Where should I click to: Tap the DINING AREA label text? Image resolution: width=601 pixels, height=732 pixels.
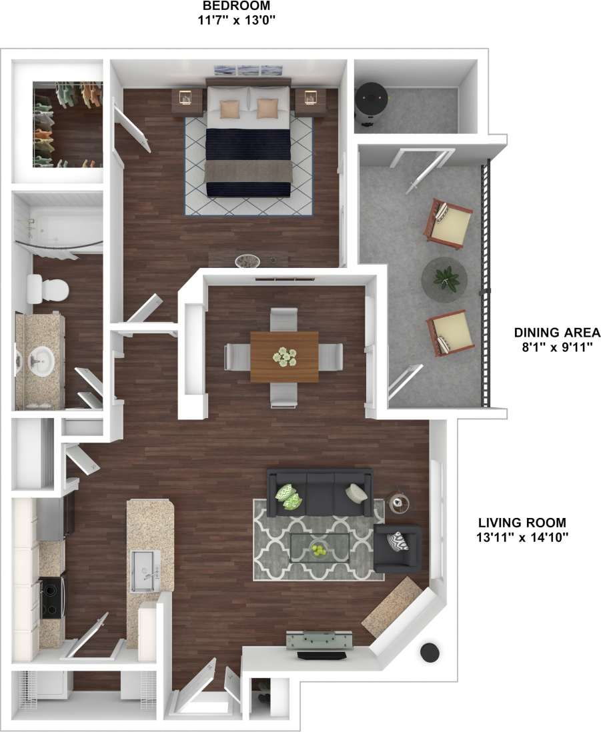[557, 333]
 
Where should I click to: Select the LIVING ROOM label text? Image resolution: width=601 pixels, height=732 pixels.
[522, 523]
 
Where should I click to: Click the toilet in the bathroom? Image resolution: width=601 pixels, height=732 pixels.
[48, 289]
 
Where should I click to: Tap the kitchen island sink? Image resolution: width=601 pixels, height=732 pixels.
[145, 571]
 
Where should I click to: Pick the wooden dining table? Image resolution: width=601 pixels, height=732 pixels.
[285, 356]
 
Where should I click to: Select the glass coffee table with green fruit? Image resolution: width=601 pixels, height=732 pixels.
[320, 547]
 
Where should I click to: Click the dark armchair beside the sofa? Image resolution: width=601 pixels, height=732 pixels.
[398, 549]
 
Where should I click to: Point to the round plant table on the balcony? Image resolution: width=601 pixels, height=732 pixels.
[444, 279]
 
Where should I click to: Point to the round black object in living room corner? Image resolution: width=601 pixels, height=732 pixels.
[431, 653]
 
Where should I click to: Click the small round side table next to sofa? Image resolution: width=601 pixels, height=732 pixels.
[400, 502]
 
